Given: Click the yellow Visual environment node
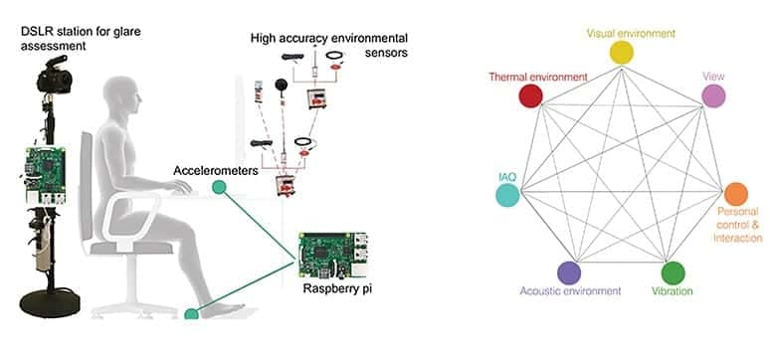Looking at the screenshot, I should [x=621, y=53].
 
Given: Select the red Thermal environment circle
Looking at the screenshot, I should [x=530, y=95].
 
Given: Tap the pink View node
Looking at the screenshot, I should [x=712, y=95].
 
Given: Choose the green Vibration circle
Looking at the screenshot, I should [x=674, y=272].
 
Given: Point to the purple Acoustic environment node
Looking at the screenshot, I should [x=569, y=272].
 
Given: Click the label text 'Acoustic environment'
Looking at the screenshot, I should [x=570, y=291].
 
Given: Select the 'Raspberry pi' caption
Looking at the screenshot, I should [x=333, y=289].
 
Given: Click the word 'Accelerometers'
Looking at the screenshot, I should [x=213, y=169].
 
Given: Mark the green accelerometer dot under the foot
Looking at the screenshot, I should [x=191, y=314].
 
